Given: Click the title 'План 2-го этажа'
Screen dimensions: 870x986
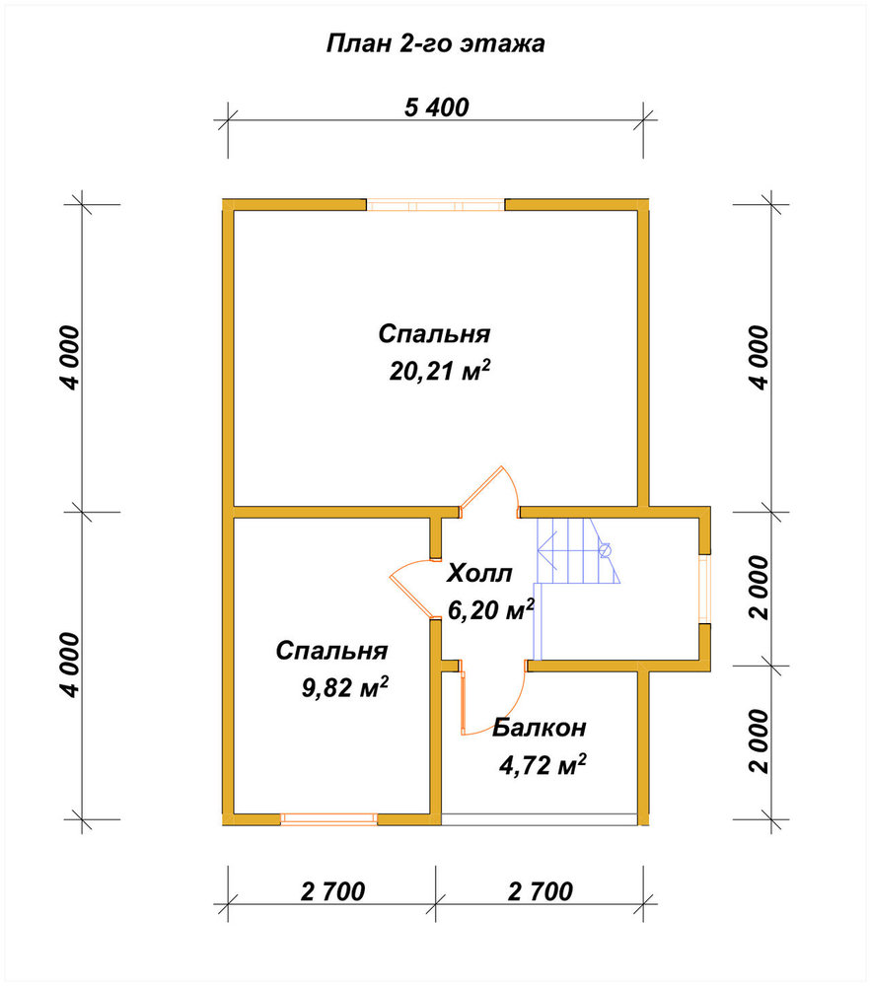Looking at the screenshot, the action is pyautogui.click(x=435, y=44).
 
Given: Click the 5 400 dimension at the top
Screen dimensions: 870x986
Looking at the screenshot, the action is pyautogui.click(x=436, y=107).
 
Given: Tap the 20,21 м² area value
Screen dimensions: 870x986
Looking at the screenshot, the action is pyautogui.click(x=439, y=371).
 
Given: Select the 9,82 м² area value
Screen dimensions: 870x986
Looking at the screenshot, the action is pyautogui.click(x=344, y=687).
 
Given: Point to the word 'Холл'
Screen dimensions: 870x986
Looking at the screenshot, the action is pyautogui.click(x=479, y=573).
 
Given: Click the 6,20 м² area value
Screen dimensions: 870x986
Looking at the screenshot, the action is pyautogui.click(x=490, y=608).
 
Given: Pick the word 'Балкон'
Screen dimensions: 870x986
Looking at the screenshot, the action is pyautogui.click(x=540, y=728).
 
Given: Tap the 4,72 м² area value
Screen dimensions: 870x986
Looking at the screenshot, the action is pyautogui.click(x=543, y=765).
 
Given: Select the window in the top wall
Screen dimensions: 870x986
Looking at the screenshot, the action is pyautogui.click(x=436, y=205).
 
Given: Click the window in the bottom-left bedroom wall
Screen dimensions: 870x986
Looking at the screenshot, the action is pyautogui.click(x=328, y=818).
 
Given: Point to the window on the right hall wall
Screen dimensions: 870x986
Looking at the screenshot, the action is pyautogui.click(x=705, y=589).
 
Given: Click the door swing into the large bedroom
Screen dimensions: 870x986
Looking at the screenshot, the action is pyautogui.click(x=489, y=490).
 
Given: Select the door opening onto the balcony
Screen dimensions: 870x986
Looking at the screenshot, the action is pyautogui.click(x=492, y=699).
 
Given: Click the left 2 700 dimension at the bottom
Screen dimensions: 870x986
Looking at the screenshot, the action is pyautogui.click(x=332, y=891).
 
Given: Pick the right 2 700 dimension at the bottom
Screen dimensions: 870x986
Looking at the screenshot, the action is pyautogui.click(x=541, y=891).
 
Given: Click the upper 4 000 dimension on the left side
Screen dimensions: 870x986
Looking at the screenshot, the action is pyautogui.click(x=71, y=357).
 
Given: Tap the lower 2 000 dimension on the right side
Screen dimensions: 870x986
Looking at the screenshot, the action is pyautogui.click(x=760, y=741).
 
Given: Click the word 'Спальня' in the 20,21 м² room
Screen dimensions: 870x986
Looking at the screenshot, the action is pyautogui.click(x=434, y=334).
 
